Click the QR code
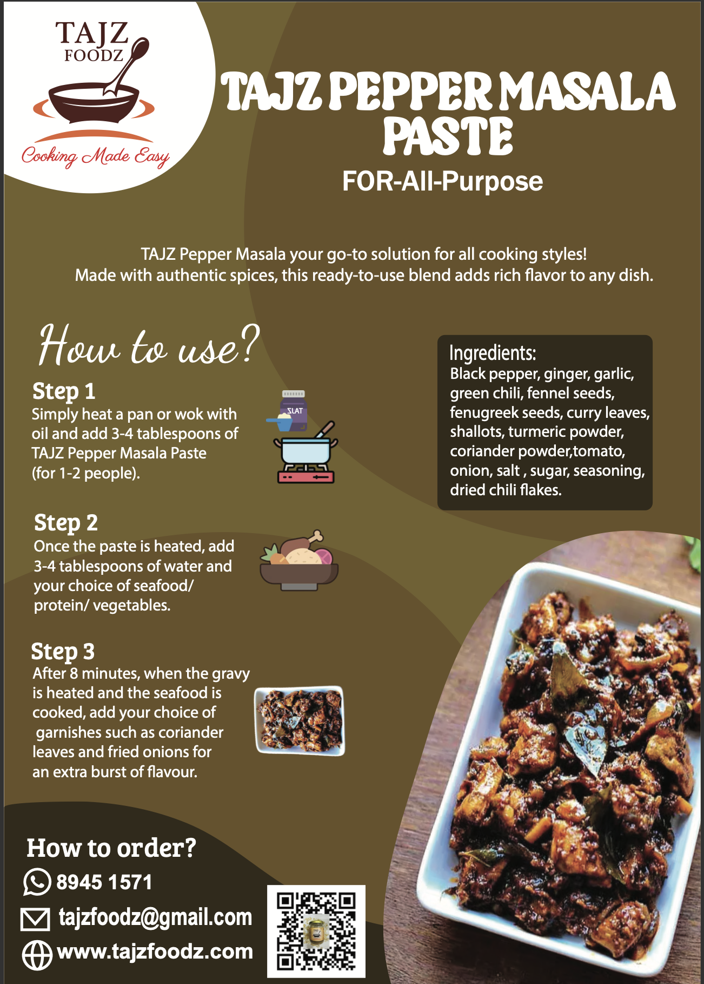tap(316, 931)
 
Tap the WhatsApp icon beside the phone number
tap(37, 882)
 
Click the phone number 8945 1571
tap(104, 882)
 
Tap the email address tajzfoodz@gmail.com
tap(155, 917)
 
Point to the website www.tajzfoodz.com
tap(155, 952)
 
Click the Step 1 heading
tap(64, 391)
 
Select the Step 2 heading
tap(66, 523)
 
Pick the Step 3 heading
tap(63, 652)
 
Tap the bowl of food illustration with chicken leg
tap(299, 560)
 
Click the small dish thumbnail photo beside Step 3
tap(300, 720)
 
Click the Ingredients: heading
tap(493, 353)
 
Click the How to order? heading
tap(111, 848)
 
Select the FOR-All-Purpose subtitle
tap(443, 181)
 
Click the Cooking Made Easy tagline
tap(96, 157)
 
